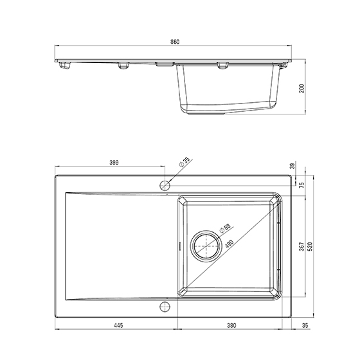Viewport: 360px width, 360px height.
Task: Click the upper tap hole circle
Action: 164,186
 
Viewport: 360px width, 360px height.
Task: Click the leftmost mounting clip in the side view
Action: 65,65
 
